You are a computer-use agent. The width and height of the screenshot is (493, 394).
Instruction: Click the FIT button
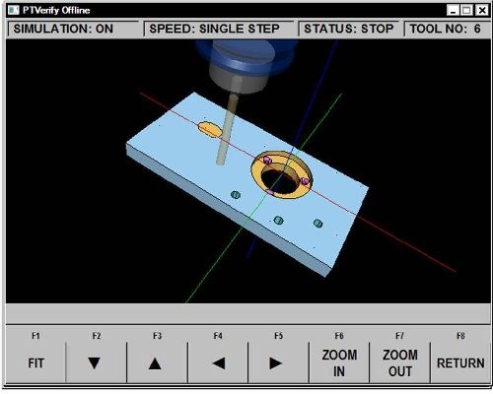35,362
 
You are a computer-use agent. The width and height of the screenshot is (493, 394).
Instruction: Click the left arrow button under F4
218,362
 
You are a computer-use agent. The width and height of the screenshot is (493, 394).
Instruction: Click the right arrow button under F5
278,362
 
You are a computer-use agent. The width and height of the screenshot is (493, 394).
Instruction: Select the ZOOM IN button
339,362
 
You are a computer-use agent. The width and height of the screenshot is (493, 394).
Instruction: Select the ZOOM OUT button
400,362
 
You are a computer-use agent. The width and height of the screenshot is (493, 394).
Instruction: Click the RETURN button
460,362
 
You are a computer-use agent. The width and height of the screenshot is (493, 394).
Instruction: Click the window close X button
480,9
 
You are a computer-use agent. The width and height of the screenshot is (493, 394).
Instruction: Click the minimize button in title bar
453,9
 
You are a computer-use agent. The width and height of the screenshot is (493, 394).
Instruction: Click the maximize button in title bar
466,9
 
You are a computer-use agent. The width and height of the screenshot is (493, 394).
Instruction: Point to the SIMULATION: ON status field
63,29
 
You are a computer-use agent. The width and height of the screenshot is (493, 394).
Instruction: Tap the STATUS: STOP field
349,29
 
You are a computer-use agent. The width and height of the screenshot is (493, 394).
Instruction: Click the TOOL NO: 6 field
445,29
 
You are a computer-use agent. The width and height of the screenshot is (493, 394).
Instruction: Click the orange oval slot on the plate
210,129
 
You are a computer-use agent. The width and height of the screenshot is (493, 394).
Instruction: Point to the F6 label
339,336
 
